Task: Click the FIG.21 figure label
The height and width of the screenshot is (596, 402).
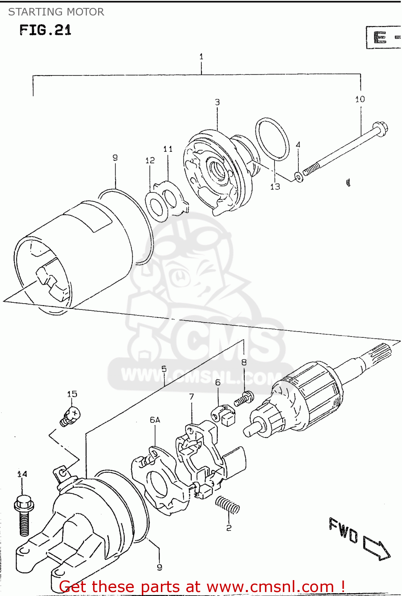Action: (45, 30)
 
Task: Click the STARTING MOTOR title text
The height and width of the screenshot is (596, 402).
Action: (56, 12)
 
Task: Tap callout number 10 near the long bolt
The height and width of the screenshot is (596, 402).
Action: (360, 99)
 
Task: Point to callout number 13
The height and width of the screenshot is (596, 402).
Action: (275, 186)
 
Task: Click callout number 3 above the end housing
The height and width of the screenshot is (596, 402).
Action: (217, 102)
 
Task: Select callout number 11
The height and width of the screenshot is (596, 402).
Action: (168, 149)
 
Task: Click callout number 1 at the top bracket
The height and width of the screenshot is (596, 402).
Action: (201, 56)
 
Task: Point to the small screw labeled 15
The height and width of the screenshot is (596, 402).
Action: (71, 416)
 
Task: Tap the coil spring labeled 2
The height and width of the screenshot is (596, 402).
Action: (227, 505)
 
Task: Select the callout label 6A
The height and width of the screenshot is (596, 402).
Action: (155, 420)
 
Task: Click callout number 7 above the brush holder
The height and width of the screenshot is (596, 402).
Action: (191, 397)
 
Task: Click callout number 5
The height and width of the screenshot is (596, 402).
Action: (164, 369)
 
